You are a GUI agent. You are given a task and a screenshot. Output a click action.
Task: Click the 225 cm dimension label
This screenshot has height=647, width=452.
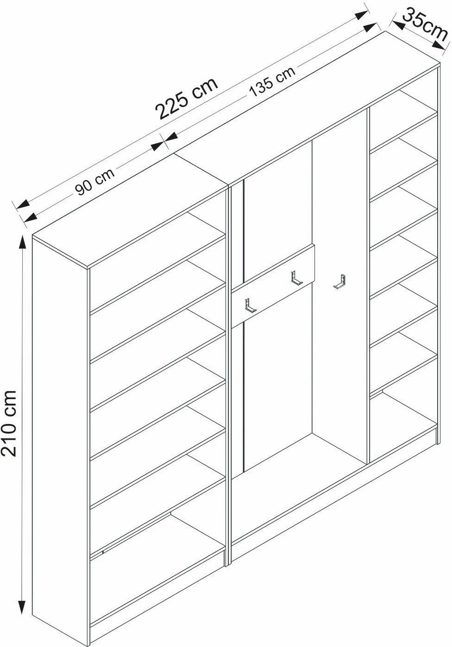[x=187, y=98]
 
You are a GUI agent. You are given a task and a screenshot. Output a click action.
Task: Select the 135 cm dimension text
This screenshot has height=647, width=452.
[x=272, y=81]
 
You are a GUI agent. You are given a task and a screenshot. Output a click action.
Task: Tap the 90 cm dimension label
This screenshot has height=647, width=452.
[x=95, y=183]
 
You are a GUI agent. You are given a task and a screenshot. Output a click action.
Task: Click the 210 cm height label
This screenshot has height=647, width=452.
[x=9, y=424]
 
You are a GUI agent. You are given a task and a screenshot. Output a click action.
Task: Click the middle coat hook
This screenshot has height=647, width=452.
[x=296, y=278]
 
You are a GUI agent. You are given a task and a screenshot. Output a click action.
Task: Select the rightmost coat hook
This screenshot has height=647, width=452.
[x=339, y=282]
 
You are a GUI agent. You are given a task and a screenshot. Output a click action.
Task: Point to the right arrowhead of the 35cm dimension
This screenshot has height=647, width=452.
[x=439, y=45]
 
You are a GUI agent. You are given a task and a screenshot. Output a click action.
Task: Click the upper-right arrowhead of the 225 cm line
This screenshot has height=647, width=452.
[x=362, y=15]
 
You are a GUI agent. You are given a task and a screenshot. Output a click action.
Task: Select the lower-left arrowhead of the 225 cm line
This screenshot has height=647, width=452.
[x=23, y=204]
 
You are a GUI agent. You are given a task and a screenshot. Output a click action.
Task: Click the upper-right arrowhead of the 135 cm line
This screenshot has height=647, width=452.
[x=370, y=28]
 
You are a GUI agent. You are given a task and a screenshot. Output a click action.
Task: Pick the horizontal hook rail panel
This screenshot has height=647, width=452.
[x=273, y=286]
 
